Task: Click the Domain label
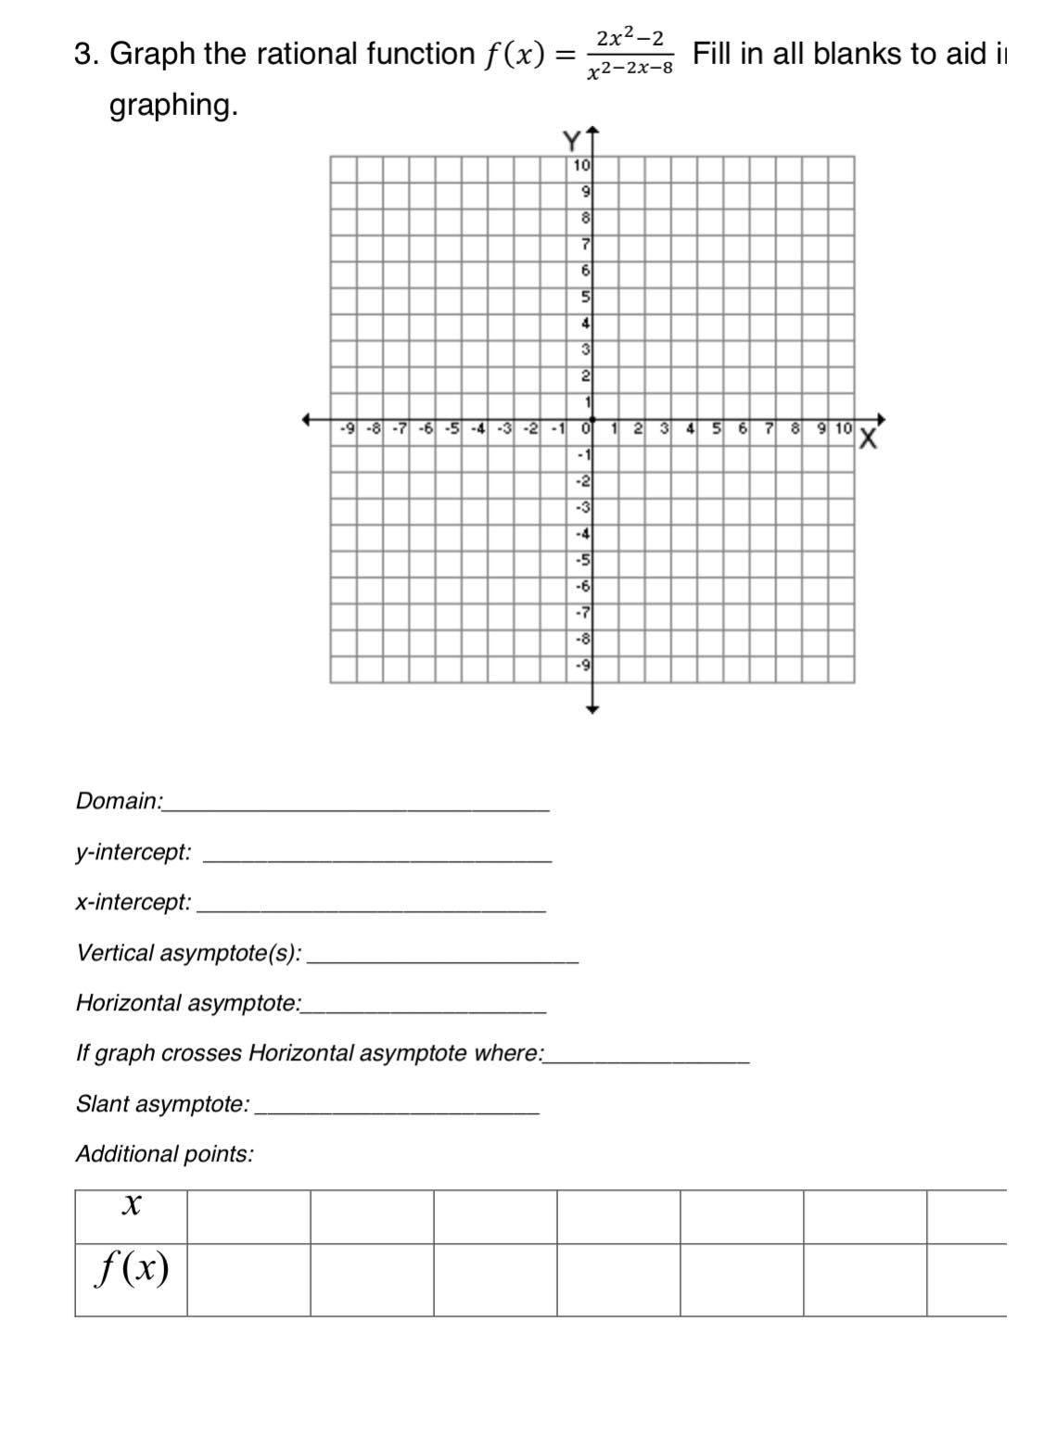[x=119, y=801]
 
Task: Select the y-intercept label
[x=134, y=852]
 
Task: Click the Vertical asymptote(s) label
[x=189, y=953]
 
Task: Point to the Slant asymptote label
[x=162, y=1104]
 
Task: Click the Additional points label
[x=164, y=1154]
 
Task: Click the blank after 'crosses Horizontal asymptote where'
[x=648, y=1058]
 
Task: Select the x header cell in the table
[x=132, y=1205]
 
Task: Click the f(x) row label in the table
[x=132, y=1268]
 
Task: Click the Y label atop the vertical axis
[x=572, y=141]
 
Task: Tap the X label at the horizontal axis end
[x=868, y=438]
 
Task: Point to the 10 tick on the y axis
[x=581, y=166]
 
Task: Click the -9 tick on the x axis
[x=347, y=428]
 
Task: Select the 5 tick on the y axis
[x=585, y=297]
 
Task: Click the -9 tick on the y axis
[x=583, y=664]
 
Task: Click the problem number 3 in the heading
[x=83, y=54]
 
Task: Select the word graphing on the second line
[x=173, y=106]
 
